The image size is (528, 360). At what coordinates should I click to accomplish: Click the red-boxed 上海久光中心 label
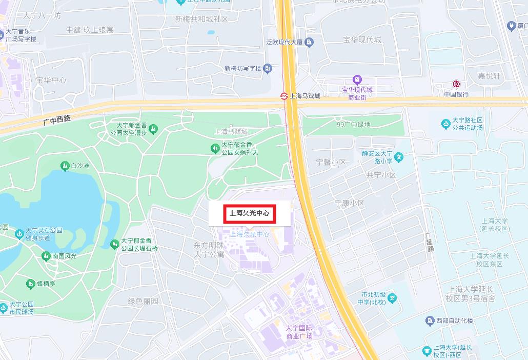[x=250, y=213]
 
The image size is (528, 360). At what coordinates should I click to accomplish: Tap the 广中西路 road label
[x=57, y=119]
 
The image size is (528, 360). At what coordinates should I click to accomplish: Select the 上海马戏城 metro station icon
[x=283, y=95]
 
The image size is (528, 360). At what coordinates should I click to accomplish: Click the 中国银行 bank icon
[x=456, y=84]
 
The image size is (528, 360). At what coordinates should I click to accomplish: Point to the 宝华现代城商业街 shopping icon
[x=357, y=79]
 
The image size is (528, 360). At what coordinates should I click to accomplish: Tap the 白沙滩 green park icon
[x=65, y=166]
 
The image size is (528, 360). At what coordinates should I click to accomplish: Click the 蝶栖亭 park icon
[x=30, y=283]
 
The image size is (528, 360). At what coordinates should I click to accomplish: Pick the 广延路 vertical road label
[x=430, y=242]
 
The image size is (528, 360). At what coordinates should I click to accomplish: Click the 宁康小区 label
[x=350, y=203]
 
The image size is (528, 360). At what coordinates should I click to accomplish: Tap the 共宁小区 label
[x=381, y=175]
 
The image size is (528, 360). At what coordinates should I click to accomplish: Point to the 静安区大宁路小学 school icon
[x=399, y=157]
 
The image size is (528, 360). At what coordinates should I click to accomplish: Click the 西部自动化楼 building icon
[x=430, y=321]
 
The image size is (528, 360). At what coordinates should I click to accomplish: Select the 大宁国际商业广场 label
[x=299, y=332]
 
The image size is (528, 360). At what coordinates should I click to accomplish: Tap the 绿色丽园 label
[x=143, y=301]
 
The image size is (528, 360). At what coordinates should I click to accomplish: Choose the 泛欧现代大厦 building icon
[x=309, y=42]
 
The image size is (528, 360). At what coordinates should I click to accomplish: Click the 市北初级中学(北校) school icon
[x=392, y=298]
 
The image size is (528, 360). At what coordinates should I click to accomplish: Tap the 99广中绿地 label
[x=353, y=125]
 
